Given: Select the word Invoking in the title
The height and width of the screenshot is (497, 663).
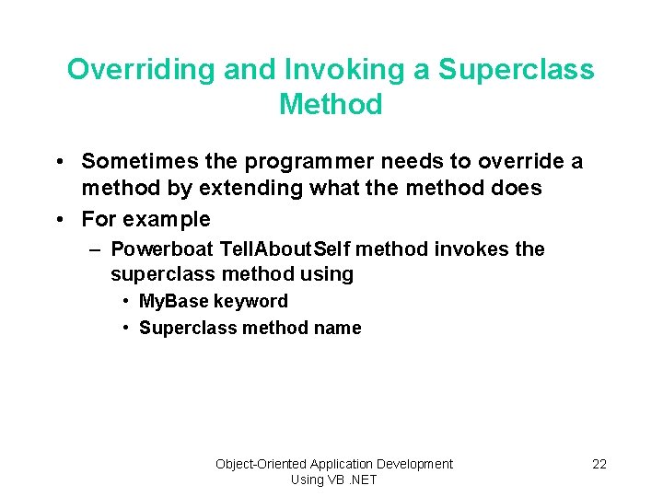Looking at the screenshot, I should click(x=323, y=70).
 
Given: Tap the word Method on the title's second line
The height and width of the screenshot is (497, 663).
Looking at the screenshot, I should click(x=331, y=105).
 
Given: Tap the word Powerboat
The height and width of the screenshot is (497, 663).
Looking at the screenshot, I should click(x=161, y=249).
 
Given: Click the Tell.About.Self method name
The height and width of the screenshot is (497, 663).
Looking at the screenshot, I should click(x=285, y=249).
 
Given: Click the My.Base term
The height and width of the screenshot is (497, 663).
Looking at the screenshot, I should click(x=173, y=302).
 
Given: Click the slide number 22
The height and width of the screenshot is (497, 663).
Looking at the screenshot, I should click(x=599, y=464).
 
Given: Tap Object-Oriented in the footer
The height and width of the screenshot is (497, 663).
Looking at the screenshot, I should click(x=261, y=464).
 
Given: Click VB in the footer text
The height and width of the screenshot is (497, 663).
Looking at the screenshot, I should click(x=337, y=480).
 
